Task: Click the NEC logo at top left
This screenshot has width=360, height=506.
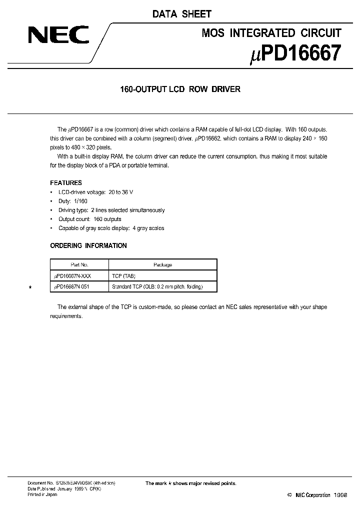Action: pos(58,36)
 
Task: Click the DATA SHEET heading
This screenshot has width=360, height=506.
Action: pos(182,14)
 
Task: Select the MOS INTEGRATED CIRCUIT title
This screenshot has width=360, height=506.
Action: pos(271,33)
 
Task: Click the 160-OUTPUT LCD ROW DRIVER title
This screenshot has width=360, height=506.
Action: pos(180,89)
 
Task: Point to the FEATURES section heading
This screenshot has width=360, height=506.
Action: pos(66,183)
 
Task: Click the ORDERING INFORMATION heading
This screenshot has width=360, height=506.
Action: pos(88,245)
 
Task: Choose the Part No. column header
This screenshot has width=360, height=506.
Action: pos(77,265)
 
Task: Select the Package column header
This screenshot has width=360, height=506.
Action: pos(162,265)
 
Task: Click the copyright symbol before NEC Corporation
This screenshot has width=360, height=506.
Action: pos(289,495)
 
